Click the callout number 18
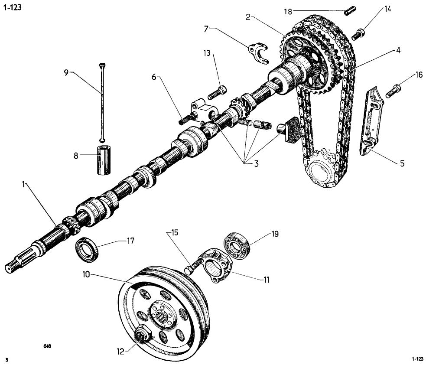(x=288, y=11)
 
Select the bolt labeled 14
(x=358, y=35)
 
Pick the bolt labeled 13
(x=217, y=93)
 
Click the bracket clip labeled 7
(x=258, y=53)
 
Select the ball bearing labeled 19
(x=236, y=246)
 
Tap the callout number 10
(x=86, y=275)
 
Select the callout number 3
(x=256, y=164)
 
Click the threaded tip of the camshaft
(x=10, y=267)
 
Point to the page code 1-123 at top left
(x=12, y=7)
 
